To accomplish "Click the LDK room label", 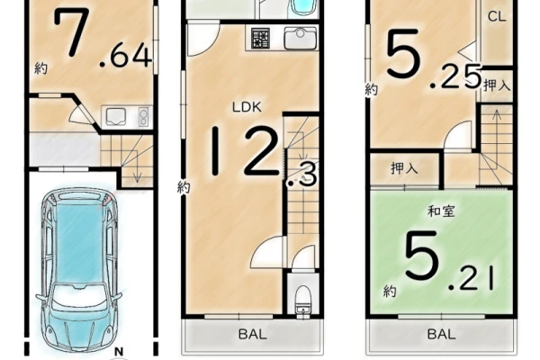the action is (247, 107).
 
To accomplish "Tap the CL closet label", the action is (497, 16).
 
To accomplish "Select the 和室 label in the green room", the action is (441, 211).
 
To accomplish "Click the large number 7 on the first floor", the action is (72, 31).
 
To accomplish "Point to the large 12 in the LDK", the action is (245, 150).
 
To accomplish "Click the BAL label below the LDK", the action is (252, 334).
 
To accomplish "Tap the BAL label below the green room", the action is (442, 334).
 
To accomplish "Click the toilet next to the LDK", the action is (303, 299).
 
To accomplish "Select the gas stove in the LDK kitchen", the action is (261, 38).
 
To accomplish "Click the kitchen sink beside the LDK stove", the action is (301, 38).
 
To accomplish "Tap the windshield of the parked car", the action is (79, 299).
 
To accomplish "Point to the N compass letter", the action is (119, 352).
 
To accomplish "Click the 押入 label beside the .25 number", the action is (496, 85).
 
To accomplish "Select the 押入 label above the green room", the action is (404, 168).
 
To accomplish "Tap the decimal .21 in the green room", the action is (472, 279).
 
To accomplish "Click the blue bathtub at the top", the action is (302, 7).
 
